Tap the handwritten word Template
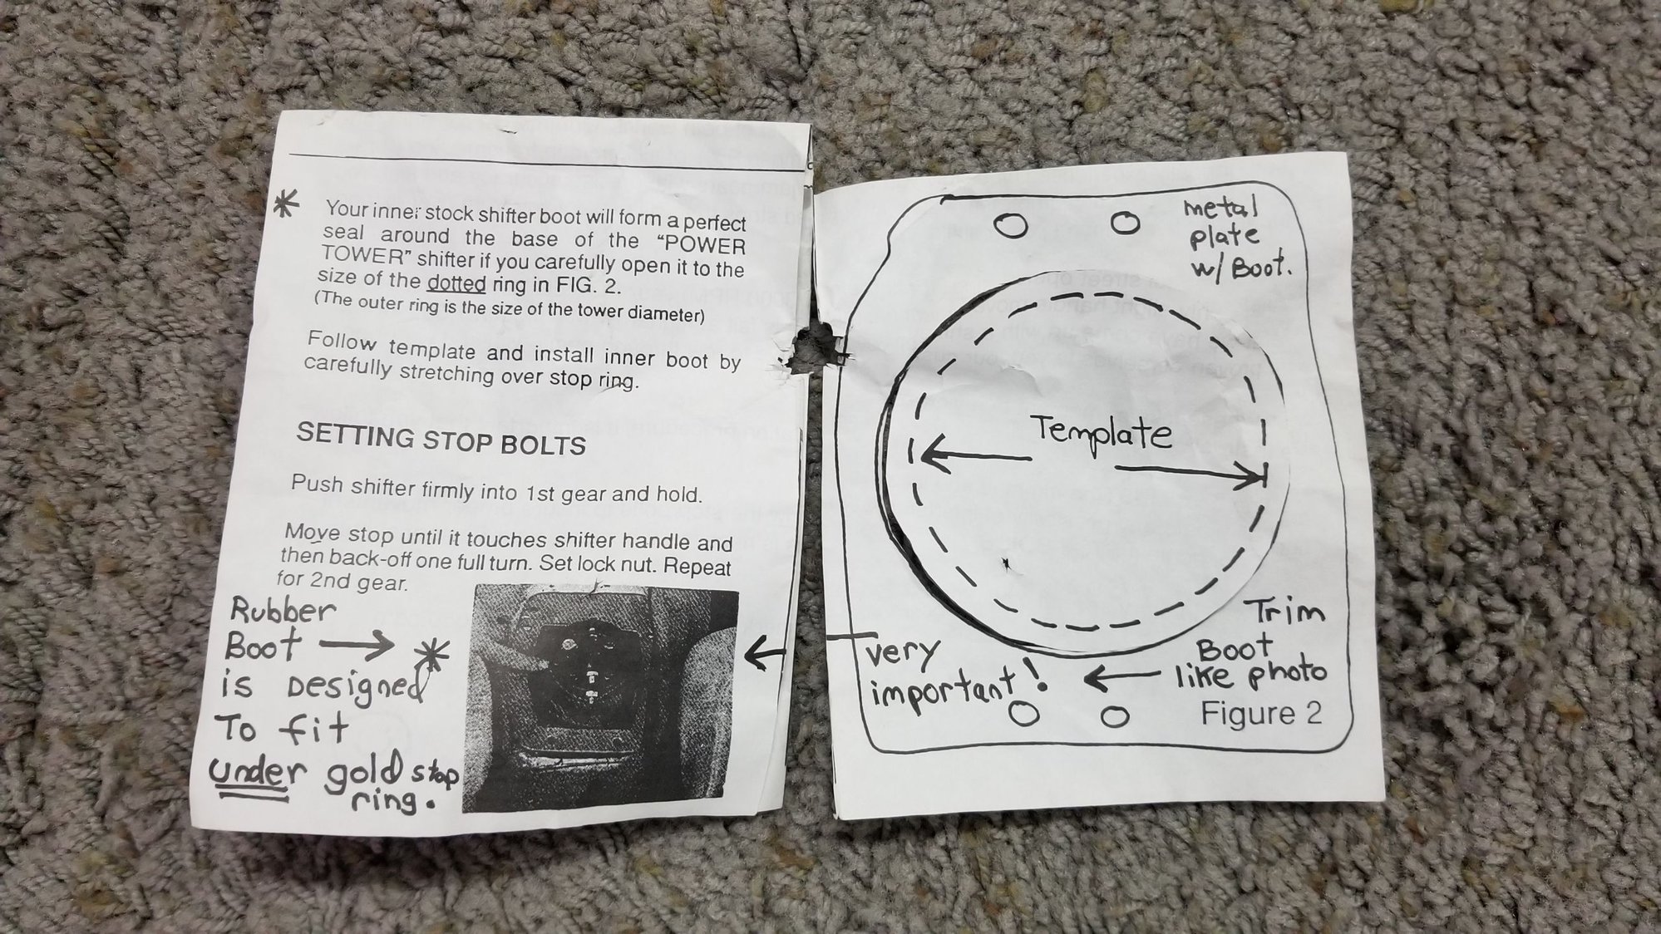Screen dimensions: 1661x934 point(1102,433)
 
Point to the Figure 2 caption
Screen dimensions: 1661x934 point(1261,714)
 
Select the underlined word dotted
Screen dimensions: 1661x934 point(456,283)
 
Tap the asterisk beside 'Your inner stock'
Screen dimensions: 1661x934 point(288,205)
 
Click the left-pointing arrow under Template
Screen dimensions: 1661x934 point(975,456)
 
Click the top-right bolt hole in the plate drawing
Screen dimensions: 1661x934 point(1126,223)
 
